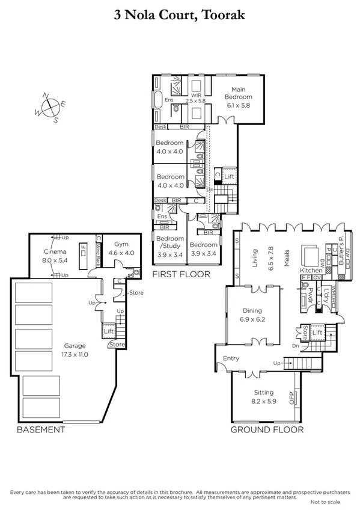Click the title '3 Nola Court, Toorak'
[x=180, y=15]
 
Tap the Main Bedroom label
[x=238, y=97]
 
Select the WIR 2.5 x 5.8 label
[x=196, y=97]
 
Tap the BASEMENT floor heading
[x=40, y=430]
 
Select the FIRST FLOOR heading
[x=181, y=274]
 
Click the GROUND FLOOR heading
[x=267, y=430]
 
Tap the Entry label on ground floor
[x=231, y=359]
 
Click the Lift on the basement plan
[x=109, y=331]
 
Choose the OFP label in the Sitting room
[x=293, y=399]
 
